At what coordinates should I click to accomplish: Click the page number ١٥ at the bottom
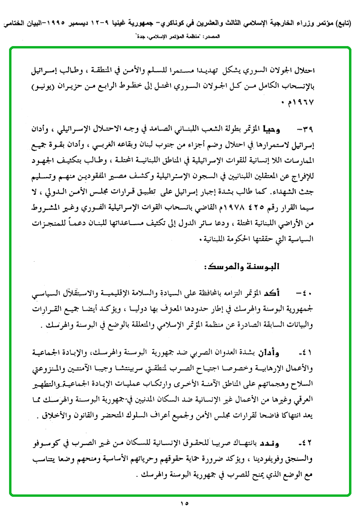(183, 503)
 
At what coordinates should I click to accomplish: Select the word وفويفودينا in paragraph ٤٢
(269, 458)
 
